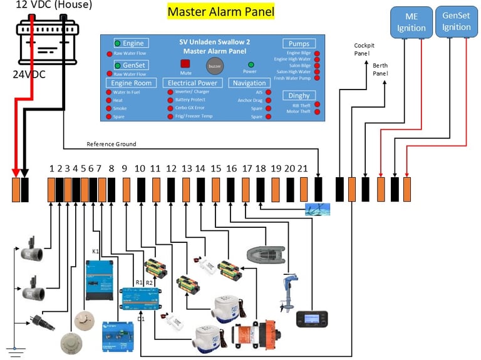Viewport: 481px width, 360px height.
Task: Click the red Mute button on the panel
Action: (x=185, y=64)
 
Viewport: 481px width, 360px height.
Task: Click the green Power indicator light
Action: (x=251, y=64)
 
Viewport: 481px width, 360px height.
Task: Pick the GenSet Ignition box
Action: (x=456, y=22)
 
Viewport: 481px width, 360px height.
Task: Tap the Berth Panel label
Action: (x=380, y=69)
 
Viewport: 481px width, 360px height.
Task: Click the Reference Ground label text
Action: (x=111, y=145)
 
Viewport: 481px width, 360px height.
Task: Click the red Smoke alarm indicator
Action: (x=109, y=108)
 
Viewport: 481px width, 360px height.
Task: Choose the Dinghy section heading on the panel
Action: (x=299, y=95)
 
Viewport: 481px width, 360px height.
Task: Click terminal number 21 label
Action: (x=303, y=169)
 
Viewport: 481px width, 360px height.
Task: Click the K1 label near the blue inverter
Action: (x=96, y=252)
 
